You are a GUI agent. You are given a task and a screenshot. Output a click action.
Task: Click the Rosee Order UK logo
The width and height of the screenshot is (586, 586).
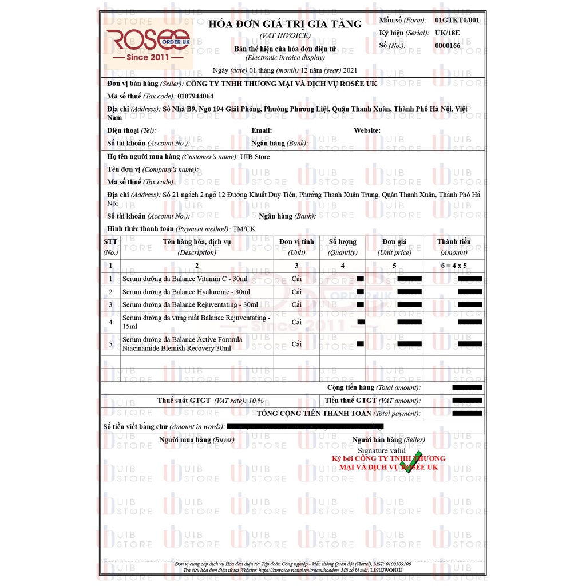(148, 42)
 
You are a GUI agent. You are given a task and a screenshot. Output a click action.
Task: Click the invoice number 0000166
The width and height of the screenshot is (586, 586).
(448, 45)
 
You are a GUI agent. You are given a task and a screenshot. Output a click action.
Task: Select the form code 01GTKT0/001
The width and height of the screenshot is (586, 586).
(457, 20)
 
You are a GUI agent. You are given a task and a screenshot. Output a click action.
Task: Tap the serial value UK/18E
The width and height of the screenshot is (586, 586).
(447, 33)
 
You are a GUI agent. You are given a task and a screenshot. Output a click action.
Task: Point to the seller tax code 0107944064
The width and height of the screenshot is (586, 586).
(195, 96)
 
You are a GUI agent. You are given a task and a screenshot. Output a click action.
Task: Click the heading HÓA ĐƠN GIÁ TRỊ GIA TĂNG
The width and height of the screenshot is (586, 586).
(284, 24)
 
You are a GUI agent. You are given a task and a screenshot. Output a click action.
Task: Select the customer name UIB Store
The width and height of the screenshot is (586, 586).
(255, 157)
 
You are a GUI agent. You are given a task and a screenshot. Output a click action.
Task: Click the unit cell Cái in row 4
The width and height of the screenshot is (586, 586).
(296, 322)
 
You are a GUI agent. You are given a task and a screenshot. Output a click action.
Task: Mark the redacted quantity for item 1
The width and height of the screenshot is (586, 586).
(360, 279)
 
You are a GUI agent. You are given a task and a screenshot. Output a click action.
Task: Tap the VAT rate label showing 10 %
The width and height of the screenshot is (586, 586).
(211, 401)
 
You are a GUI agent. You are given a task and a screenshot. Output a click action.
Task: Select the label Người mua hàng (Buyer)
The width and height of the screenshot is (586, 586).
(196, 440)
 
